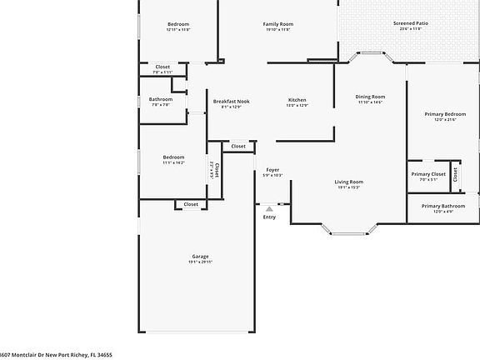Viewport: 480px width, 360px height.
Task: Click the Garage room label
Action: point(200,256)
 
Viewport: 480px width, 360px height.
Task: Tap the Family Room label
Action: point(278,24)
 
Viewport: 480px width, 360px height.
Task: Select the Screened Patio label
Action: point(410,24)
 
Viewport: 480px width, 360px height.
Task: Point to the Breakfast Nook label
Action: point(231,101)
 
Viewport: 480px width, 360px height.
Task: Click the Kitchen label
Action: point(297,101)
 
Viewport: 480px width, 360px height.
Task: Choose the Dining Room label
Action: point(370,97)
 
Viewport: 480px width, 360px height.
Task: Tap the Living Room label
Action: point(349,182)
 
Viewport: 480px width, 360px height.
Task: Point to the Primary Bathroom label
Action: point(443,206)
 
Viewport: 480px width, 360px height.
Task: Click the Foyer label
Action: point(272,169)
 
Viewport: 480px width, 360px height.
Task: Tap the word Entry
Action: point(269,217)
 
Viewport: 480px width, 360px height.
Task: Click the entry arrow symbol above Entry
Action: point(269,208)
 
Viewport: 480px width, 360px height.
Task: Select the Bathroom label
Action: point(161,100)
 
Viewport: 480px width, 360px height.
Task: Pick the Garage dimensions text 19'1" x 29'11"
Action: point(200,262)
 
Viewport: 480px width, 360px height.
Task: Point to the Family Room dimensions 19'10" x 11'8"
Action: point(278,30)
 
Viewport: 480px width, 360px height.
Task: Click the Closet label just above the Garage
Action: point(191,204)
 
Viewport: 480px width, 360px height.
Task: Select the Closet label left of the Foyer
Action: point(238,146)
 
